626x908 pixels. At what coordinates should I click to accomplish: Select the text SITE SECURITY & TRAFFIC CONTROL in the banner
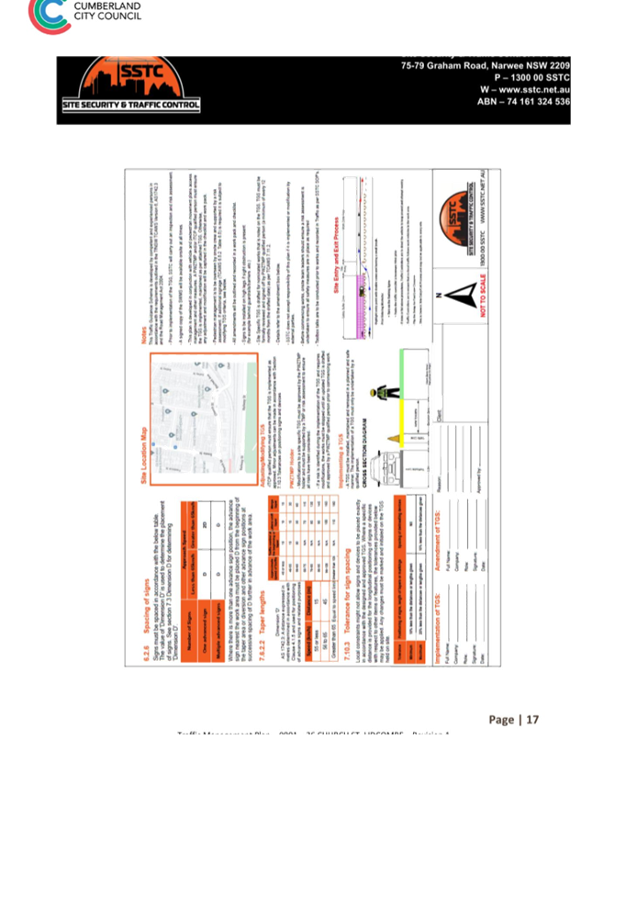[x=130, y=106]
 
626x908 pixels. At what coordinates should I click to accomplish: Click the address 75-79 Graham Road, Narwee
[x=485, y=67]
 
